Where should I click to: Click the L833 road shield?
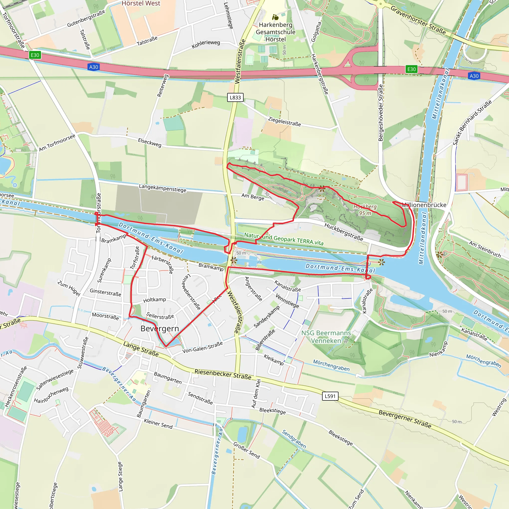coord(235,97)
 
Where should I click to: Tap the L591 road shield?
coord(330,396)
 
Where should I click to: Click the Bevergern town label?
coord(160,329)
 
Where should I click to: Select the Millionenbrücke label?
coord(424,205)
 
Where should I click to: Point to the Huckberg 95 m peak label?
coord(365,210)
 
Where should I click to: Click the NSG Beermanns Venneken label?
coord(326,337)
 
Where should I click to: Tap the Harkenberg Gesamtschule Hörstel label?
coord(276,32)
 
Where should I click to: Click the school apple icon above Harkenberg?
coord(275,17)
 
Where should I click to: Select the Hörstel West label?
coord(141,3)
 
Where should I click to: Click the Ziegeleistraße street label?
coord(285,122)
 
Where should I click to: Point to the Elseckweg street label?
coord(150,142)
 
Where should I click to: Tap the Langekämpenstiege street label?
coord(163,188)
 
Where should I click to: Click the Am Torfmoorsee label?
coord(57,142)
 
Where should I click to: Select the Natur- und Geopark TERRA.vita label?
coord(284,239)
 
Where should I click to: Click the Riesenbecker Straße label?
coord(223,374)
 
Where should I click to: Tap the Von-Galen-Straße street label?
coord(202,347)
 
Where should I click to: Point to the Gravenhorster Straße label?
coord(418,20)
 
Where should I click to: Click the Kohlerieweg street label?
coord(206,44)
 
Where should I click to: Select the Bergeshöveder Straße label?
coord(381,113)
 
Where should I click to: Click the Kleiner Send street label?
coord(158,423)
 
